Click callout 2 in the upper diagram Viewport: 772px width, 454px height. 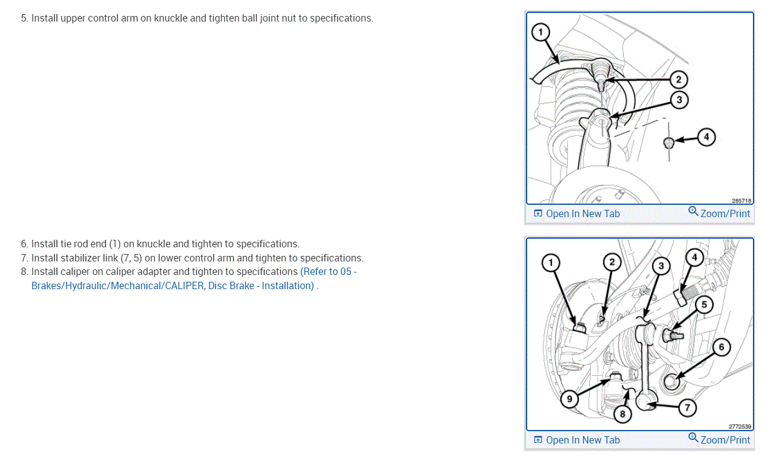(x=678, y=79)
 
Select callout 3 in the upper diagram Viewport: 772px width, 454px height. (x=678, y=100)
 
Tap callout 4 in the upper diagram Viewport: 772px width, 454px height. (x=706, y=137)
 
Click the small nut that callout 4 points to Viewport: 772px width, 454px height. (x=669, y=143)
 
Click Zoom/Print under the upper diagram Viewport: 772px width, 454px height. (x=720, y=213)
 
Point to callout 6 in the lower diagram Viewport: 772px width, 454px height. (x=722, y=347)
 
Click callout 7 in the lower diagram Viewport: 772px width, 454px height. (x=686, y=407)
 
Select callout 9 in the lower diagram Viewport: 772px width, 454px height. (x=570, y=399)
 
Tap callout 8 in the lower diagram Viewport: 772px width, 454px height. (x=623, y=414)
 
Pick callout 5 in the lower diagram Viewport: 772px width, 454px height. (x=704, y=304)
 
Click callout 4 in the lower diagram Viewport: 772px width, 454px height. (x=694, y=258)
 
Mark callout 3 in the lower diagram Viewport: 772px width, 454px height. (x=661, y=266)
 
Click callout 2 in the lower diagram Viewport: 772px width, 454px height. (x=611, y=263)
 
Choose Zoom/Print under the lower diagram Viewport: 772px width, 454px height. (x=720, y=440)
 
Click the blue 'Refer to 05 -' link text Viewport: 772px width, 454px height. (x=328, y=271)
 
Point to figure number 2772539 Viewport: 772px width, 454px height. (x=741, y=426)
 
